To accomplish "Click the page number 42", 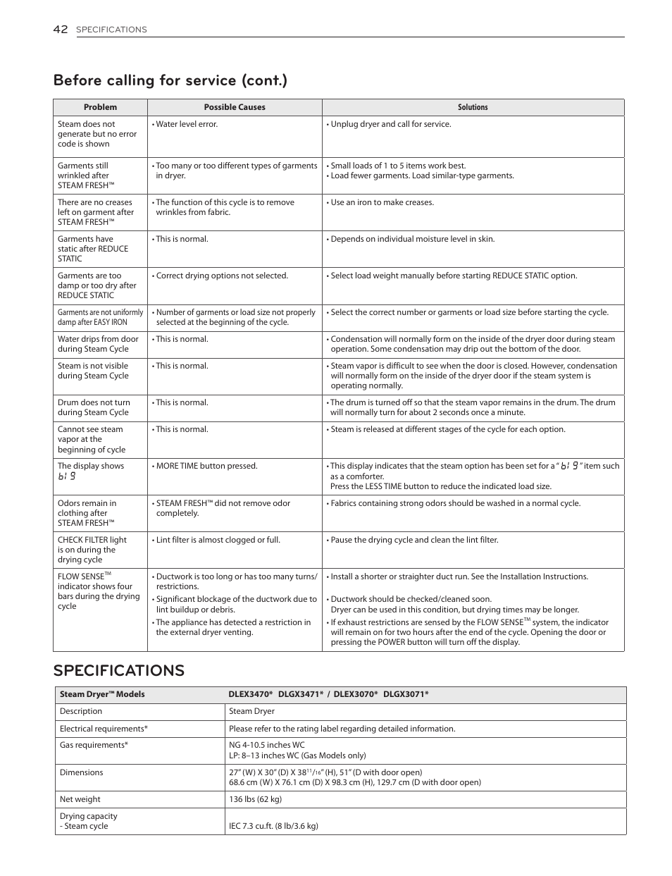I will tap(60, 29).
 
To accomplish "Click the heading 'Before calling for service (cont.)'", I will tap(170, 80).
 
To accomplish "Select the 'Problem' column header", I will tap(100, 107).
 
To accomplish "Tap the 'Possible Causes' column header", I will tap(235, 107).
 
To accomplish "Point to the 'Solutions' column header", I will tap(473, 107).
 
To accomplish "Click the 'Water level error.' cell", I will tap(187, 124).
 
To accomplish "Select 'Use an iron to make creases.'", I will tap(382, 202).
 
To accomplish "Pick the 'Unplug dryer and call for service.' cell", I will tap(390, 124).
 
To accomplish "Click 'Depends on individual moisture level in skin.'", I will tap(412, 239).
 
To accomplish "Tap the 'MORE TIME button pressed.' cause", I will tap(206, 466).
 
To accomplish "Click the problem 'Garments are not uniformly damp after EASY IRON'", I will tap(100, 317).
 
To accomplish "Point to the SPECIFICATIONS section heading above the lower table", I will tap(118, 670).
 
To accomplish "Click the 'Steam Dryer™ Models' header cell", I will tap(102, 694).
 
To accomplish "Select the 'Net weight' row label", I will tap(80, 799).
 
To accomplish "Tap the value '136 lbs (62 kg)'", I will tap(255, 799).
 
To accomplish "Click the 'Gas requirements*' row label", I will tap(94, 745).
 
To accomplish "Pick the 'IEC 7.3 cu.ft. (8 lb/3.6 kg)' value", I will tap(273, 826).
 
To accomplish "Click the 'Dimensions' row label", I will tap(81, 772).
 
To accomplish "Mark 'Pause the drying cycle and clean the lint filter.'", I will tap(414, 540).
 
